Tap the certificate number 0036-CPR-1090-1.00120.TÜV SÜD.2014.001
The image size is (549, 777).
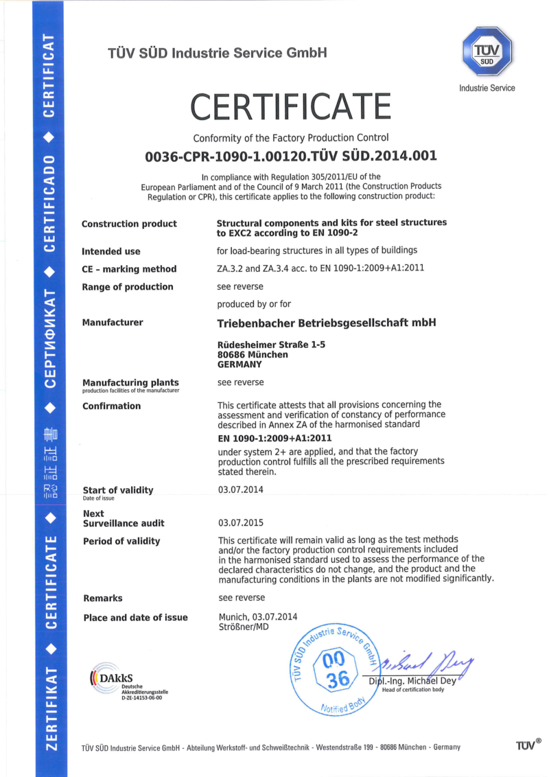click(291, 156)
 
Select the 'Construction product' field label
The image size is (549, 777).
click(129, 224)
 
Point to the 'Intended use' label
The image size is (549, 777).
click(111, 251)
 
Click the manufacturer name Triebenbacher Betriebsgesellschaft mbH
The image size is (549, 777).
click(327, 323)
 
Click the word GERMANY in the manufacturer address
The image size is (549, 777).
click(239, 365)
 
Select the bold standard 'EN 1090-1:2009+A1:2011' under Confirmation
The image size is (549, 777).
click(274, 438)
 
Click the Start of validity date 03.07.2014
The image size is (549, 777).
click(240, 490)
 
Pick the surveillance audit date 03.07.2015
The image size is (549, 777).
click(240, 523)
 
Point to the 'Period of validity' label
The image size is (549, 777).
click(121, 542)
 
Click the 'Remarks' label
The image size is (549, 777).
click(103, 599)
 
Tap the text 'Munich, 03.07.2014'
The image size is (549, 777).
click(258, 617)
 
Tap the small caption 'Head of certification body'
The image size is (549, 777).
click(413, 690)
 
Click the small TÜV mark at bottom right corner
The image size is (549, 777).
click(528, 744)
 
